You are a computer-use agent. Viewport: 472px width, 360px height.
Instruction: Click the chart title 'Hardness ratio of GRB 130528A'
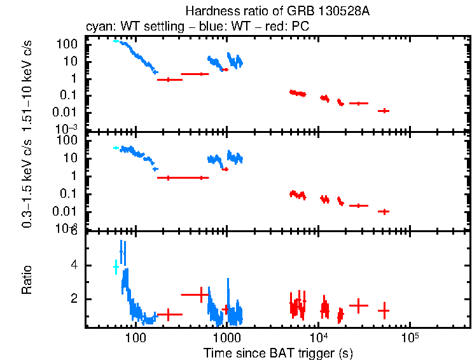278,11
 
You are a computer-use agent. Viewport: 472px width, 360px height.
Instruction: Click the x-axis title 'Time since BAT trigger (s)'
278,352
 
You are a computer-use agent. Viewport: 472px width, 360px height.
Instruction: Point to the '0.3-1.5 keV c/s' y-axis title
29,182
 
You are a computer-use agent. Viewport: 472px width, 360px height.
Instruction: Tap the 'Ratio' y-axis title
27,280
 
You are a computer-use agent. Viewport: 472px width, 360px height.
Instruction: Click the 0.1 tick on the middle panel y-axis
69,194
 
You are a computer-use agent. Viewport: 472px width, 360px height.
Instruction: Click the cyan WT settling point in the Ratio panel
116,267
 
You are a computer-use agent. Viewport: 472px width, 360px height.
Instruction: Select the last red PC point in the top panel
383,111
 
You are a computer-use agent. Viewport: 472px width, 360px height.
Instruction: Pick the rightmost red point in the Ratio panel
383,310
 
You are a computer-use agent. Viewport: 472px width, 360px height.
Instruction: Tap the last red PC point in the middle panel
383,211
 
